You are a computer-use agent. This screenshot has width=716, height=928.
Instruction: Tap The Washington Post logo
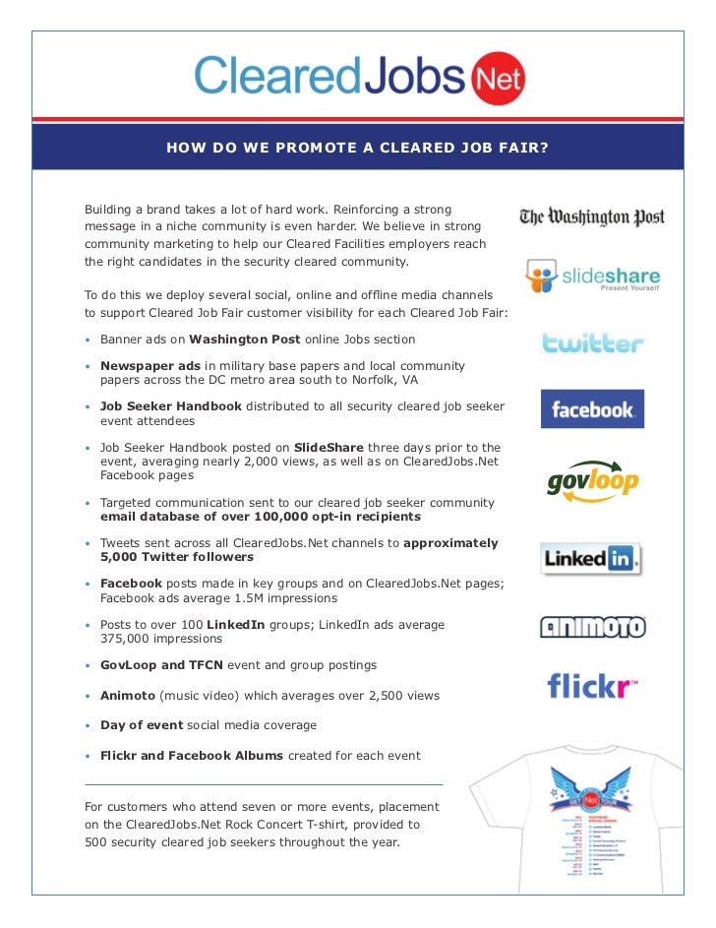click(x=592, y=217)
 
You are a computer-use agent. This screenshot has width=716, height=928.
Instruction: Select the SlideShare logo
click(x=592, y=277)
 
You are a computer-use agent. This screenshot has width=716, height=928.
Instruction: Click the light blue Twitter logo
click(x=593, y=343)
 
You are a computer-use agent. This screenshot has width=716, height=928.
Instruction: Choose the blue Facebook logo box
click(x=592, y=408)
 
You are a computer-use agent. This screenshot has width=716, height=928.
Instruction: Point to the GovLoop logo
click(x=592, y=480)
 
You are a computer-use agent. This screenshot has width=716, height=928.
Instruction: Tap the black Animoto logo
click(x=592, y=627)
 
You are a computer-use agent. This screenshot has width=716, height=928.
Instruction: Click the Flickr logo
click(x=592, y=684)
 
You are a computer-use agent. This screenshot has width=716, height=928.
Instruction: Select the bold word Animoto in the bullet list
click(x=128, y=696)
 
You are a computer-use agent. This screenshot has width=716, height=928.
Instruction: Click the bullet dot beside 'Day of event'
click(x=89, y=726)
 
